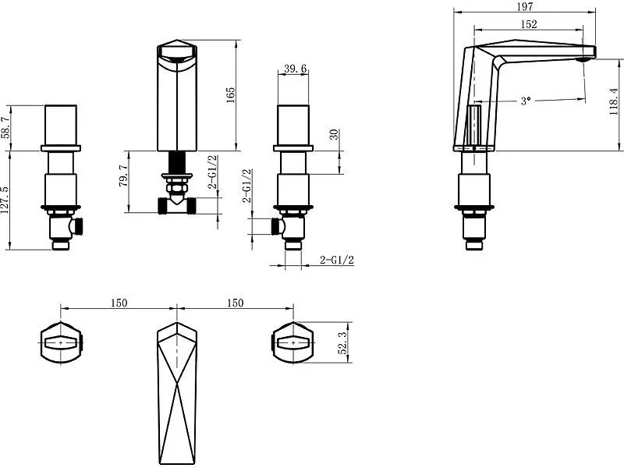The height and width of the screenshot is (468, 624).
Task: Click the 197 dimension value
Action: (x=526, y=6)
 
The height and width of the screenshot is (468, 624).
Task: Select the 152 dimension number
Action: (x=529, y=24)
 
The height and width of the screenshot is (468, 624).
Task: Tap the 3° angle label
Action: (x=526, y=101)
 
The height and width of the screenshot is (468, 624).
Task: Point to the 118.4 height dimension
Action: (x=614, y=102)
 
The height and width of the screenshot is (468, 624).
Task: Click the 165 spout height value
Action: (x=230, y=95)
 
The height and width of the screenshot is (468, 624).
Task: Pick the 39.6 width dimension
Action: (x=296, y=69)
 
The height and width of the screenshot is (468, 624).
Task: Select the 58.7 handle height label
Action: (x=5, y=127)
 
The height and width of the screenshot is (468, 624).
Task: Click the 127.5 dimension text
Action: (x=5, y=200)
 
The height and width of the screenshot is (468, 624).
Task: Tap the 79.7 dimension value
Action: (x=123, y=176)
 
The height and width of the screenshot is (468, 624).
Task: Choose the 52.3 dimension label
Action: (x=342, y=344)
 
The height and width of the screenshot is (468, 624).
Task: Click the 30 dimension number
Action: (x=334, y=134)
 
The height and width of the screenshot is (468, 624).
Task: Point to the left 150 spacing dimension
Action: (x=119, y=303)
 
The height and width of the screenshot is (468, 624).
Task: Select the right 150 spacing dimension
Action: (x=236, y=303)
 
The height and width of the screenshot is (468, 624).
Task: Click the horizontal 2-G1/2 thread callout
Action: (x=337, y=261)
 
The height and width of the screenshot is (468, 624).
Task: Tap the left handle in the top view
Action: (x=61, y=342)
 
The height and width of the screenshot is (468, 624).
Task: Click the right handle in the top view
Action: (x=292, y=342)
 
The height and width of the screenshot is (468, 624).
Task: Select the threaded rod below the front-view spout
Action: (x=177, y=162)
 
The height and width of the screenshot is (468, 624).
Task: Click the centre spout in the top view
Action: (x=177, y=393)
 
